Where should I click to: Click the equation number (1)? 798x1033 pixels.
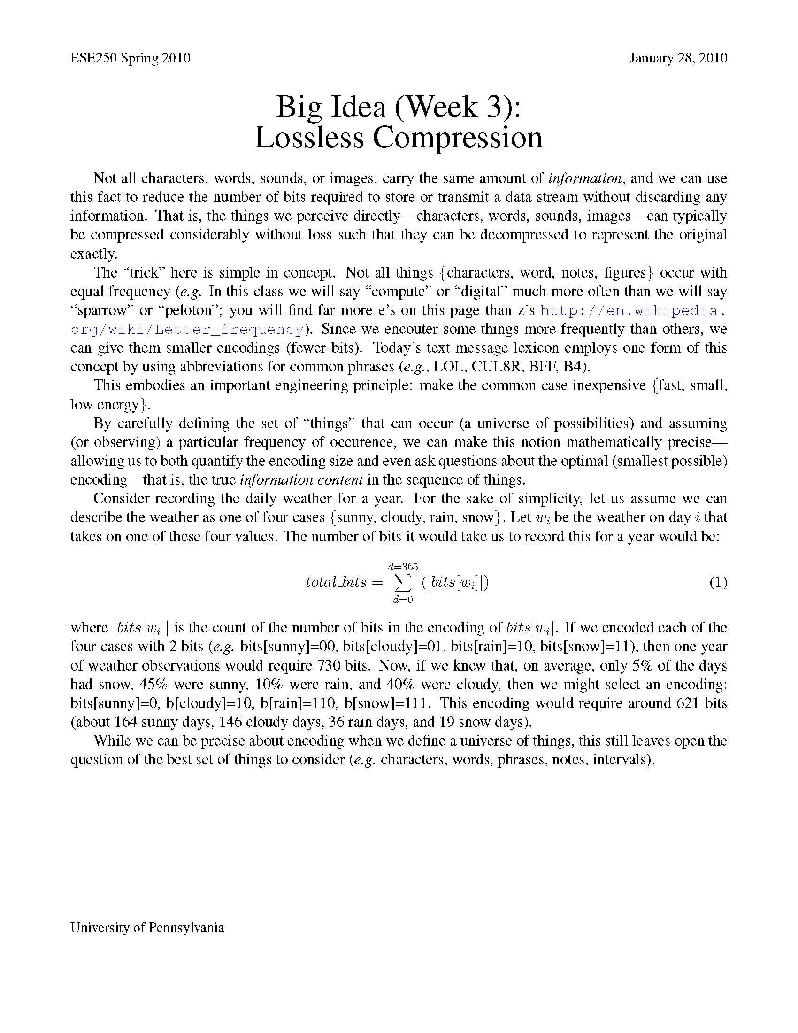click(x=718, y=582)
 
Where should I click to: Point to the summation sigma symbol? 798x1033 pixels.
click(x=403, y=583)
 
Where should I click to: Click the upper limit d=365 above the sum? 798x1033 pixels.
click(x=403, y=566)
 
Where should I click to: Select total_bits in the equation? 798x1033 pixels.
click(x=336, y=582)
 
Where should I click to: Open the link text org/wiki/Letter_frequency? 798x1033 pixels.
click(x=187, y=329)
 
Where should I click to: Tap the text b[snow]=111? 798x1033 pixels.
click(x=387, y=703)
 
